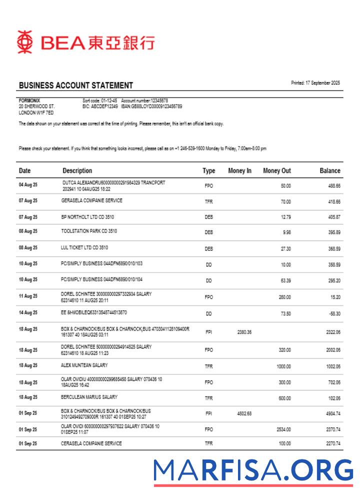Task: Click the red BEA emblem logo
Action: [24, 42]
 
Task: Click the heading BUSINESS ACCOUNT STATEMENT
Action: [76, 85]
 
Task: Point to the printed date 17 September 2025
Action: [315, 83]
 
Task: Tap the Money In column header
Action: [239, 170]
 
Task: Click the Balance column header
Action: [329, 170]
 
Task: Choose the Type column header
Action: [208, 170]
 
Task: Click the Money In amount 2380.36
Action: [244, 331]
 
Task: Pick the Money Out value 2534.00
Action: [283, 429]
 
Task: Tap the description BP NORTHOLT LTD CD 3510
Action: [84, 217]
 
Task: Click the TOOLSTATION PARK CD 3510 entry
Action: [89, 231]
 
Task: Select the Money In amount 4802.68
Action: [244, 414]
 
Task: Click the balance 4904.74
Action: [332, 414]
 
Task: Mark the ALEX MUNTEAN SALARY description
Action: [84, 365]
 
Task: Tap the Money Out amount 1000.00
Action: [283, 366]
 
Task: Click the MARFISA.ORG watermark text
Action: [253, 470]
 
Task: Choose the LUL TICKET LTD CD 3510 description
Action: [84, 247]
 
